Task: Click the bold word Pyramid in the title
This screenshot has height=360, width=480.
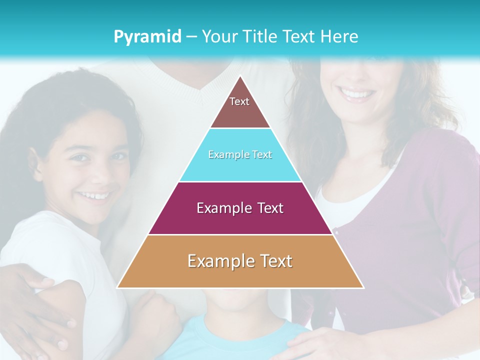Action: (147, 37)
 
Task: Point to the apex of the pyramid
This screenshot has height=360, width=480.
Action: (240, 76)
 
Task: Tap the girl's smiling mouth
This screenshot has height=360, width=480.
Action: (95, 195)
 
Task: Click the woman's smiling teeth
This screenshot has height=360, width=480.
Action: (356, 93)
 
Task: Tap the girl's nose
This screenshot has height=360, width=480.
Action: (97, 172)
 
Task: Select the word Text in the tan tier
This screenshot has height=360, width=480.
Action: (274, 261)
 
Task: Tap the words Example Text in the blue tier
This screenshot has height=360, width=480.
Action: (240, 155)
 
